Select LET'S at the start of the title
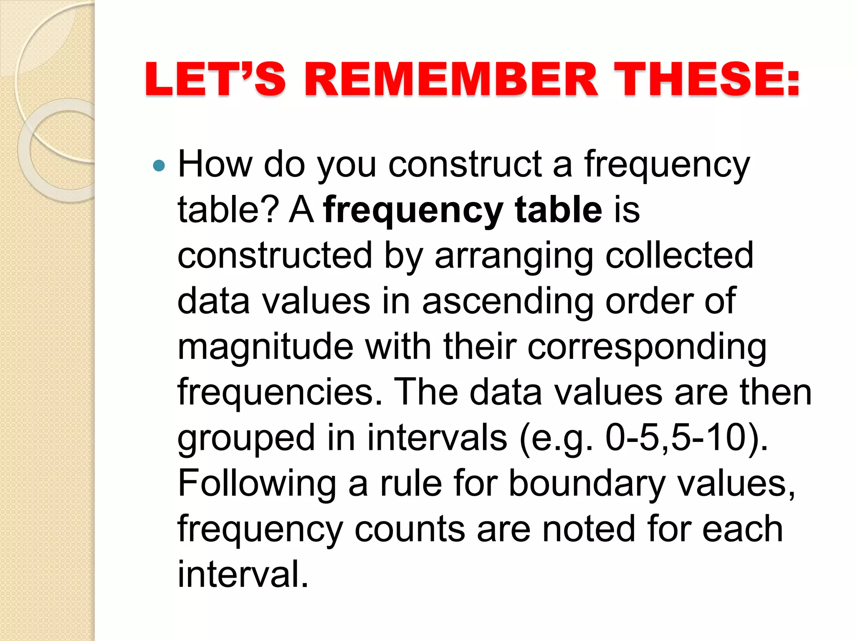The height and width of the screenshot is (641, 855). coord(215,79)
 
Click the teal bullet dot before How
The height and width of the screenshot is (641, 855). coord(159,166)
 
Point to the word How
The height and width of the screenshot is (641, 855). coord(215,164)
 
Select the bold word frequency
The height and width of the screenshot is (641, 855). coord(413,211)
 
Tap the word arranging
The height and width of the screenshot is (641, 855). coord(514,256)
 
